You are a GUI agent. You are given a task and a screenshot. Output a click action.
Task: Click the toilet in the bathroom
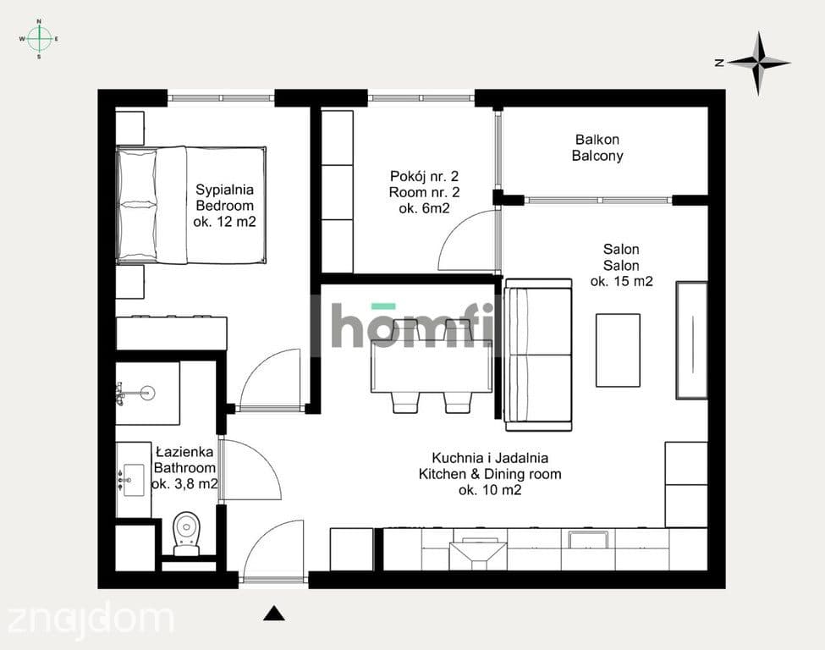(x=186, y=534)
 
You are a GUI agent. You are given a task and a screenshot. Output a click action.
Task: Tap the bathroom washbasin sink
(x=134, y=480)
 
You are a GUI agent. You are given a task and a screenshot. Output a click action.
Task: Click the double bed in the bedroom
(x=191, y=205)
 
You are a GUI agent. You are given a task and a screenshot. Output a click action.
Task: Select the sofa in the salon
(x=538, y=355)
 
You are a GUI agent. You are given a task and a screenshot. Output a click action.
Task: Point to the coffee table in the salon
(x=618, y=350)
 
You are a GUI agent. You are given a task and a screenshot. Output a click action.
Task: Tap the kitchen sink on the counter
(x=588, y=540)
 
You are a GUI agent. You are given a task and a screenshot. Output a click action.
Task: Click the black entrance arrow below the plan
(x=273, y=614)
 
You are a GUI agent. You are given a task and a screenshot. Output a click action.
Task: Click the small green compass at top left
(x=39, y=39)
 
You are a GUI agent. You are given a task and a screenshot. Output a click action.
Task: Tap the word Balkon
(x=597, y=140)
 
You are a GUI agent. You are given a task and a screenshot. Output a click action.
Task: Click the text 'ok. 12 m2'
(x=224, y=222)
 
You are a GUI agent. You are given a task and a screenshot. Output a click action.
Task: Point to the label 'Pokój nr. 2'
(x=424, y=176)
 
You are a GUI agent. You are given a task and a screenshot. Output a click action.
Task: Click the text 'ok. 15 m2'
(x=621, y=282)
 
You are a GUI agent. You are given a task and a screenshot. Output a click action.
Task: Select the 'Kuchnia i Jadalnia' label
(x=490, y=458)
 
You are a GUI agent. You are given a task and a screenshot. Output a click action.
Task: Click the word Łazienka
(x=184, y=452)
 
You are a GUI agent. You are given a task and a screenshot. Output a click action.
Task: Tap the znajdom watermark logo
(x=91, y=620)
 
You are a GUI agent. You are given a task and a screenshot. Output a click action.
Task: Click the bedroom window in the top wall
(x=221, y=98)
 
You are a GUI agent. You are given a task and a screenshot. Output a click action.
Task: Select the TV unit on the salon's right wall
(x=691, y=340)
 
